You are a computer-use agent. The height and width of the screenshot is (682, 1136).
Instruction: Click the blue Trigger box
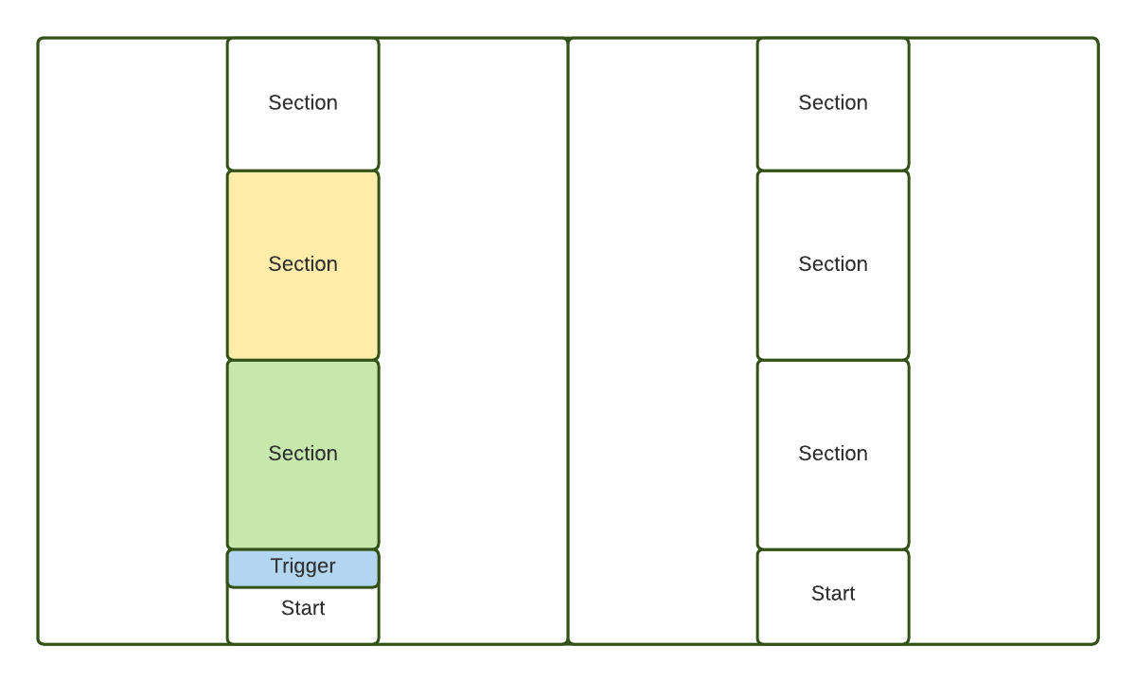(x=303, y=568)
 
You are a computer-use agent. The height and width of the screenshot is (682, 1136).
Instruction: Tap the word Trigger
(x=303, y=566)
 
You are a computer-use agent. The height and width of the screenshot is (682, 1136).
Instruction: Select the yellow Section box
(x=303, y=265)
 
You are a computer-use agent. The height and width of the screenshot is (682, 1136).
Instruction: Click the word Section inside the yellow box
(x=303, y=264)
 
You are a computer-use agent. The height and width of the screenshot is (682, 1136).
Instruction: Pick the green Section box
(x=303, y=455)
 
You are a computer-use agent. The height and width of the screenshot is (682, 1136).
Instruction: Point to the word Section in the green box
(x=303, y=453)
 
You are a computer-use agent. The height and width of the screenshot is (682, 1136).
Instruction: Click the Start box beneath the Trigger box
(x=303, y=616)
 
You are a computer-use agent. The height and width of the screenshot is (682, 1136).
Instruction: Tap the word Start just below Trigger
(x=303, y=608)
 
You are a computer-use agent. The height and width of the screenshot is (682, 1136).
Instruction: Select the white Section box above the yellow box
(x=303, y=104)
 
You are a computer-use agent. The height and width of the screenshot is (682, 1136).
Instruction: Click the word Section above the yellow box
(x=303, y=102)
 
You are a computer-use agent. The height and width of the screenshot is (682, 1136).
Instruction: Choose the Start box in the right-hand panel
(x=833, y=597)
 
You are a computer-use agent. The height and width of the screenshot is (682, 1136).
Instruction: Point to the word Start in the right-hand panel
(x=833, y=593)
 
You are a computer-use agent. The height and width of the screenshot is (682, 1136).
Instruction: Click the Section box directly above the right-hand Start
(x=833, y=455)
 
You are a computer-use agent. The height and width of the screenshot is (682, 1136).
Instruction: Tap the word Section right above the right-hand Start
(x=833, y=453)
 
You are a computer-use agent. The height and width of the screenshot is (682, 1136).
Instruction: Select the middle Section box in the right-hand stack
(x=833, y=265)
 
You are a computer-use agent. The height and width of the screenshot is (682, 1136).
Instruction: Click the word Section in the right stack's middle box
(x=833, y=264)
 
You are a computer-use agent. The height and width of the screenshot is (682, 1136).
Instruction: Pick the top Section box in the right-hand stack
(x=833, y=104)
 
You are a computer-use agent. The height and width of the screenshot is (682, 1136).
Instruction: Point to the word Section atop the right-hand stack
(x=833, y=102)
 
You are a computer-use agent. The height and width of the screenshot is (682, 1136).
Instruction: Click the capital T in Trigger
(x=276, y=565)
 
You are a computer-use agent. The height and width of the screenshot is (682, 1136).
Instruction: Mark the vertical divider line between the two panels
(x=568, y=341)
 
